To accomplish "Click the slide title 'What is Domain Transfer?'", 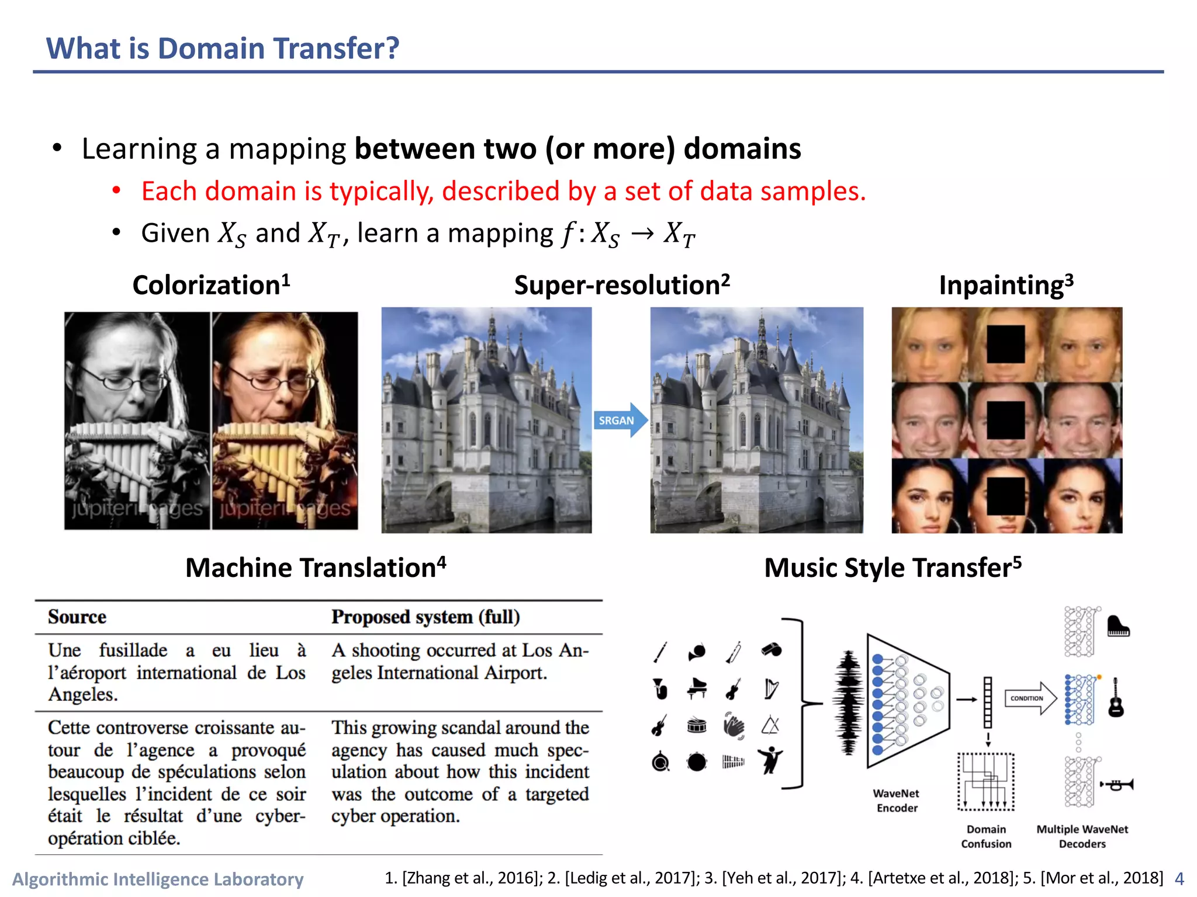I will (x=223, y=48).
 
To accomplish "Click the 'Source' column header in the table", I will (x=77, y=617).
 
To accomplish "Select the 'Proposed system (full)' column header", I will (x=425, y=617).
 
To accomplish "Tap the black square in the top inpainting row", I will (x=1006, y=345).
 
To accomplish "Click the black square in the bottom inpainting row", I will (x=1006, y=496).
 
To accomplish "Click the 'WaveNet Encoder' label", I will (x=896, y=801).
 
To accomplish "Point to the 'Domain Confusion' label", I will (x=986, y=836).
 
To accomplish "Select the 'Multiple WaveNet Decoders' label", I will (x=1082, y=836).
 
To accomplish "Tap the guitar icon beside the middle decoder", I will (x=1116, y=698).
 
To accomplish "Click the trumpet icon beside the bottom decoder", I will (x=1118, y=785).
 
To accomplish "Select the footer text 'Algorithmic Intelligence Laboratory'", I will (x=158, y=879).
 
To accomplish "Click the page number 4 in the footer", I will (x=1179, y=879).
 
